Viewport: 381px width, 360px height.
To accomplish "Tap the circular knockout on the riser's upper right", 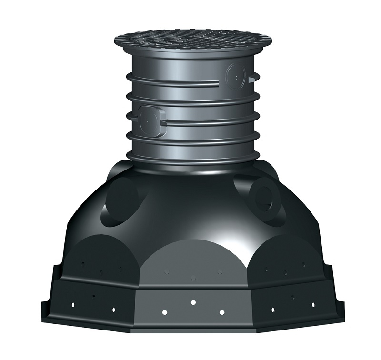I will tap(235, 75).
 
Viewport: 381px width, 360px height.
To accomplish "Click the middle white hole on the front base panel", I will tap(193, 302).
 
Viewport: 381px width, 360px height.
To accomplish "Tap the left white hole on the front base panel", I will tap(164, 312).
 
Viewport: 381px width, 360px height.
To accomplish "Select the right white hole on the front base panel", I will tap(221, 312).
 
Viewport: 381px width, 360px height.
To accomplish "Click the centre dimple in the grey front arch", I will tap(193, 277).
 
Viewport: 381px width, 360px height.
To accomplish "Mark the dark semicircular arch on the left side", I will tap(100, 257).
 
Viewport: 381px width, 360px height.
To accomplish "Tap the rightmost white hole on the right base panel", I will tap(313, 303).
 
